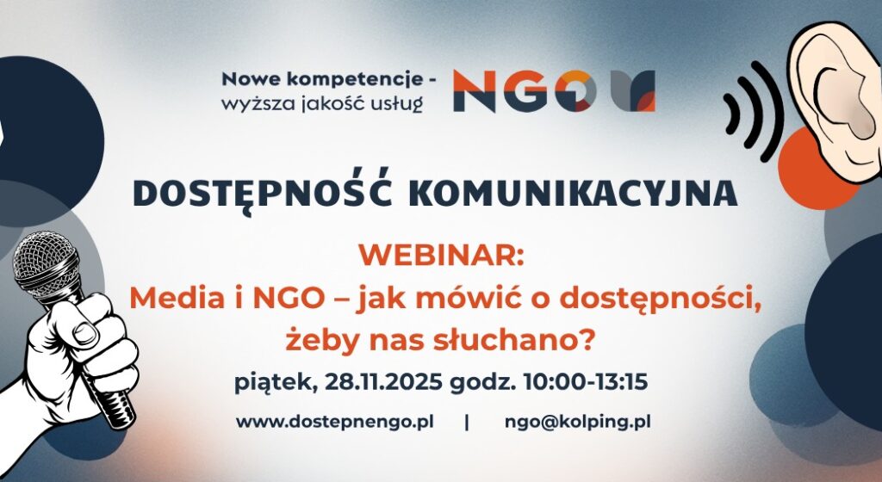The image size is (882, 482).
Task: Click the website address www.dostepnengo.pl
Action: (335, 422)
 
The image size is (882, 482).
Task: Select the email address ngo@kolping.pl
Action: (578, 422)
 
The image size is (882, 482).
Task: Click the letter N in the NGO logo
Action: (475, 92)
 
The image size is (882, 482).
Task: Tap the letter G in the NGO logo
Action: (524, 92)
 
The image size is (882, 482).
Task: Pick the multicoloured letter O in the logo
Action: (573, 92)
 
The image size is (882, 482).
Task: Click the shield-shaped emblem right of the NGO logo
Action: (633, 91)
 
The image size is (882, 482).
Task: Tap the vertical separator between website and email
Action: (467, 422)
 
